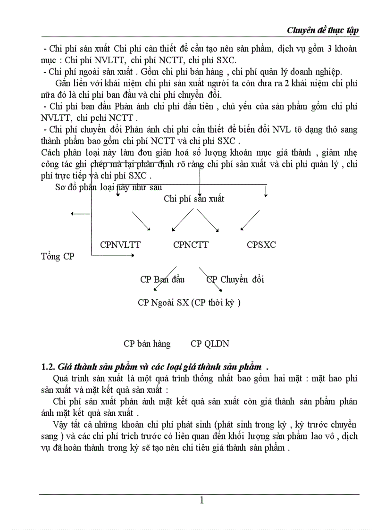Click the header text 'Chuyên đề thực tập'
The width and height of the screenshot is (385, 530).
(323, 30)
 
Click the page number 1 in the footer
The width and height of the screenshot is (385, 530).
(201, 500)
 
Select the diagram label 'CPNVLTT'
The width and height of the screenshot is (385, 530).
(120, 245)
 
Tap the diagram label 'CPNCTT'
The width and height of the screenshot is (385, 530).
(191, 245)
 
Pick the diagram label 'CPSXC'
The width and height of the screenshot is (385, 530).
(261, 245)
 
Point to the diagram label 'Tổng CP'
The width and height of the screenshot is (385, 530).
(57, 257)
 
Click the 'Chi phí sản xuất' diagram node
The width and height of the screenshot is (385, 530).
(194, 199)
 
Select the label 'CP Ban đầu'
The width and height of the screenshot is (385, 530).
(162, 279)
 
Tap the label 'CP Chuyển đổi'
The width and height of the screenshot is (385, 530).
(235, 279)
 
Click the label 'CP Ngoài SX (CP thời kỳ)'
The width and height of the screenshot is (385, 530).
(189, 303)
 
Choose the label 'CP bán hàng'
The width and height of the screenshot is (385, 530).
(147, 344)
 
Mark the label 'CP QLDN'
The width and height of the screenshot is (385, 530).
(210, 344)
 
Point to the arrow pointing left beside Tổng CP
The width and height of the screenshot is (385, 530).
(79, 214)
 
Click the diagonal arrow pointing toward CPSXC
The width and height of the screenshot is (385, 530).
(250, 220)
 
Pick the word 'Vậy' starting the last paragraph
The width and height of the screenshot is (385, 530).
(62, 423)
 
